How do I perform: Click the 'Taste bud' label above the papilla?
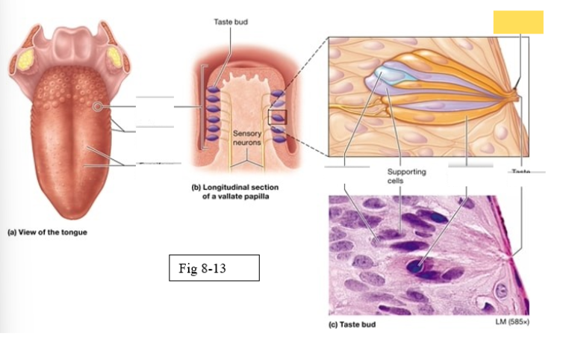pyautogui.click(x=231, y=22)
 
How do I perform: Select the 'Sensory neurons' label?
pyautogui.click(x=246, y=138)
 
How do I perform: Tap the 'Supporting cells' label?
pyautogui.click(x=406, y=176)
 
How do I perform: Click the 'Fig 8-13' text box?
pyautogui.click(x=214, y=268)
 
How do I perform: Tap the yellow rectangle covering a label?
pyautogui.click(x=518, y=22)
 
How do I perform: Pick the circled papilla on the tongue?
pyautogui.click(x=98, y=108)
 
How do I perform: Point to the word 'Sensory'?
pyautogui.click(x=246, y=134)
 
